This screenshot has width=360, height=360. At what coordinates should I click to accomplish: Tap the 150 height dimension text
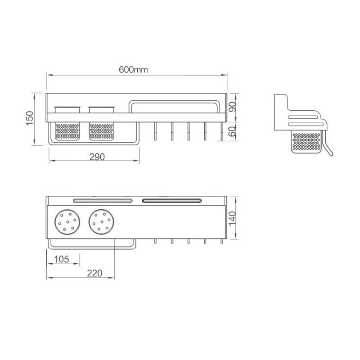[29, 118]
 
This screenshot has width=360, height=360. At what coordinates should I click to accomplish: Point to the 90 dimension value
[232, 106]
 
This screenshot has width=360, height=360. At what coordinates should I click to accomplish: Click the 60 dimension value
[232, 131]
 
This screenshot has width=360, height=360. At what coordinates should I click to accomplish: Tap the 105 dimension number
[62, 259]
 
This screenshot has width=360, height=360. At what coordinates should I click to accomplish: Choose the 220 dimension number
[94, 273]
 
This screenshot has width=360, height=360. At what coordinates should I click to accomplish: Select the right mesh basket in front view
[101, 130]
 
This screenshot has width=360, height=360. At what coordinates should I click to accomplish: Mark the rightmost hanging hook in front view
[221, 132]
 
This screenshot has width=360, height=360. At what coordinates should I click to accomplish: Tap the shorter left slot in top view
[102, 200]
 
